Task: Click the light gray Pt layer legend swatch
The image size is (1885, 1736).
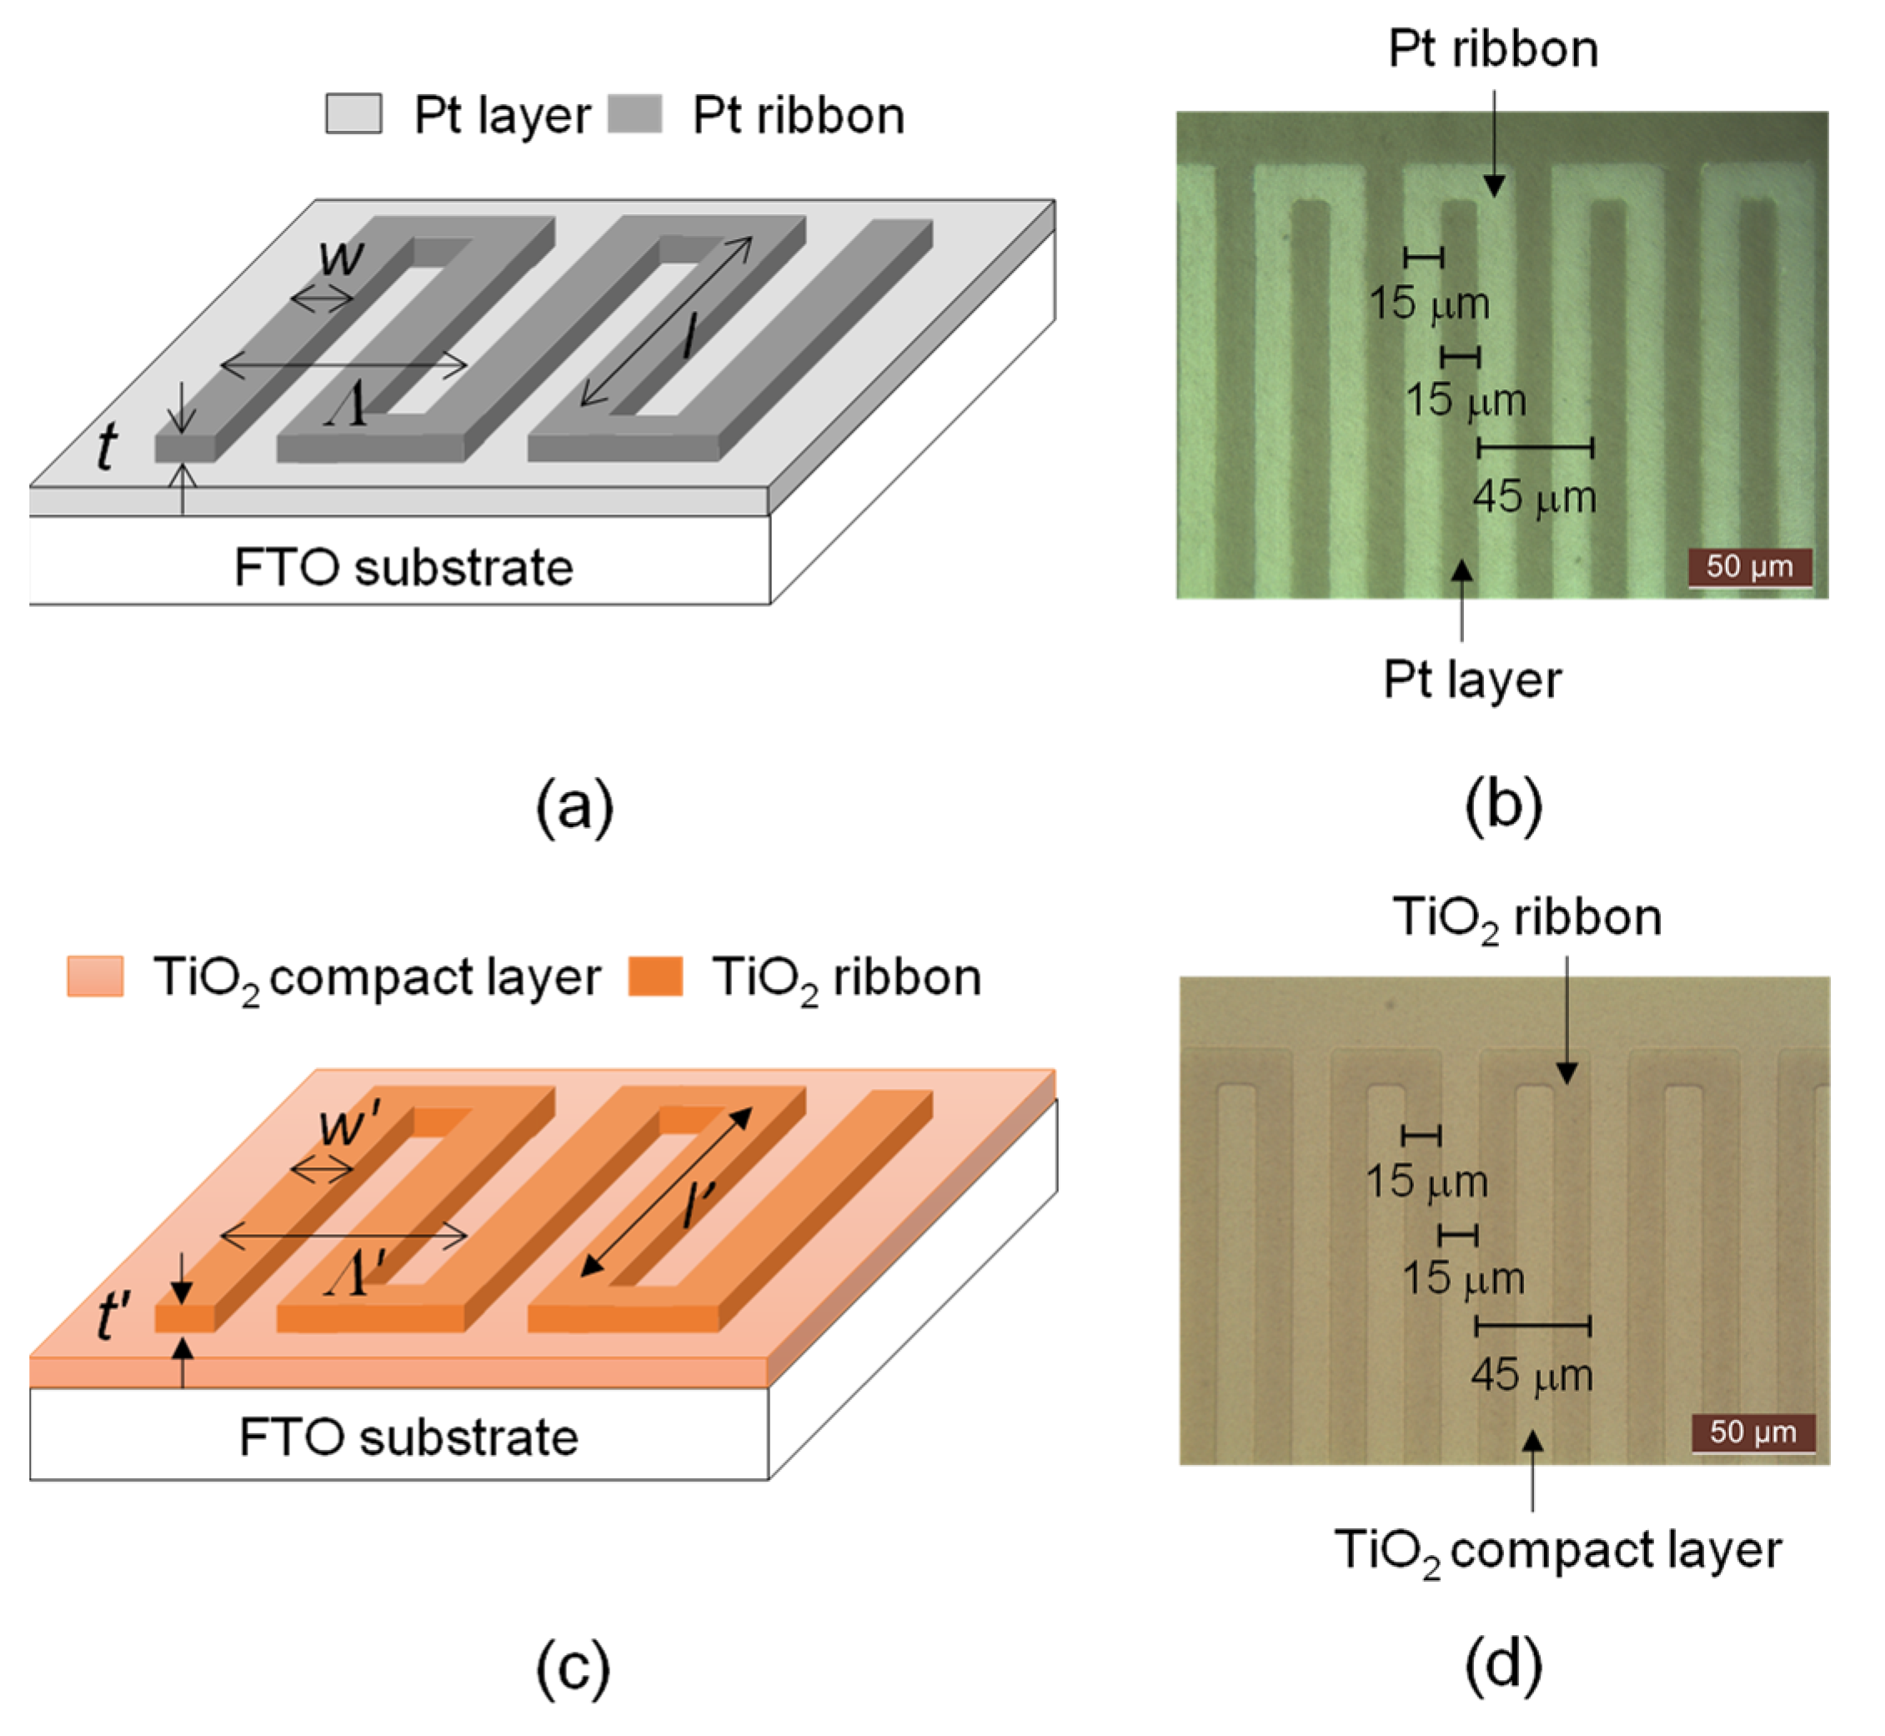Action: click(x=353, y=114)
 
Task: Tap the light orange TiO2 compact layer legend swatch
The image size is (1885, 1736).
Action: click(x=95, y=976)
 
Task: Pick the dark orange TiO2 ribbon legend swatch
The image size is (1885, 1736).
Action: click(x=654, y=976)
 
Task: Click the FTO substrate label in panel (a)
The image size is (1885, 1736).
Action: click(x=403, y=567)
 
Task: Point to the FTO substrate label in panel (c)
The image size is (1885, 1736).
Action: click(x=409, y=1437)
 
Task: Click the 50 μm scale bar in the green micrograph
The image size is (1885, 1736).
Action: click(x=1749, y=567)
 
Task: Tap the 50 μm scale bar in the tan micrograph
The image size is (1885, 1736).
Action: click(x=1752, y=1433)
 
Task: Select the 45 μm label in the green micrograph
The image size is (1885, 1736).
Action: click(x=1534, y=497)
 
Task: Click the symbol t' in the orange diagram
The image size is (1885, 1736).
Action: click(x=113, y=1315)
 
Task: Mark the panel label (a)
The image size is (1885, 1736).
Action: click(x=574, y=806)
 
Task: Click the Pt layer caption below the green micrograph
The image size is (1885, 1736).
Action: click(x=1471, y=680)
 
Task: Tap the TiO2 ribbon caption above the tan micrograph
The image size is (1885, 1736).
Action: click(x=1527, y=917)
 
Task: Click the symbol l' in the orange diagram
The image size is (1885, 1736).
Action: click(x=699, y=1205)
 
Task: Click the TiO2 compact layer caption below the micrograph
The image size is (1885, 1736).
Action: click(x=1557, y=1551)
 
